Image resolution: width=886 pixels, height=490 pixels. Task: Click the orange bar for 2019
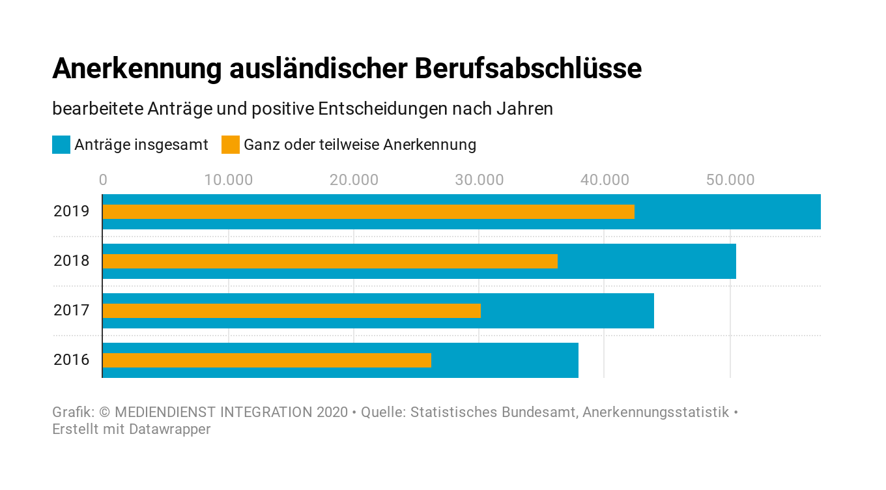point(368,212)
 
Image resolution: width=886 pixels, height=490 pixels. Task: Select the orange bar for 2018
point(330,261)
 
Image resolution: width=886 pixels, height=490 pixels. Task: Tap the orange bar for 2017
point(291,311)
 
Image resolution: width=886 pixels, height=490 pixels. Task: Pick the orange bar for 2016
point(266,360)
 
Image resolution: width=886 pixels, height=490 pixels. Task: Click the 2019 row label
point(71,211)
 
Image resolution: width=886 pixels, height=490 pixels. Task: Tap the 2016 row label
point(71,360)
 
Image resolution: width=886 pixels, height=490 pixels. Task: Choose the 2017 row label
point(71,310)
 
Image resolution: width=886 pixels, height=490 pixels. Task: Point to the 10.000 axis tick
point(228,180)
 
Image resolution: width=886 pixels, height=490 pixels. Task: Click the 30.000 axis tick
point(479,180)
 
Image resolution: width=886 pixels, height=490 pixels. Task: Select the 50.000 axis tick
point(730,180)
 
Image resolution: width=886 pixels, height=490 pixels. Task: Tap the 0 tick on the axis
point(103,180)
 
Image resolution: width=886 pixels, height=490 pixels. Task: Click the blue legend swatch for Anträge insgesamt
point(61,145)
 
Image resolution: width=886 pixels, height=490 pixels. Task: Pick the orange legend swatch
point(231,145)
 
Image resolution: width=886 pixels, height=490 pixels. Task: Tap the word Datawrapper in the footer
point(169,429)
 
